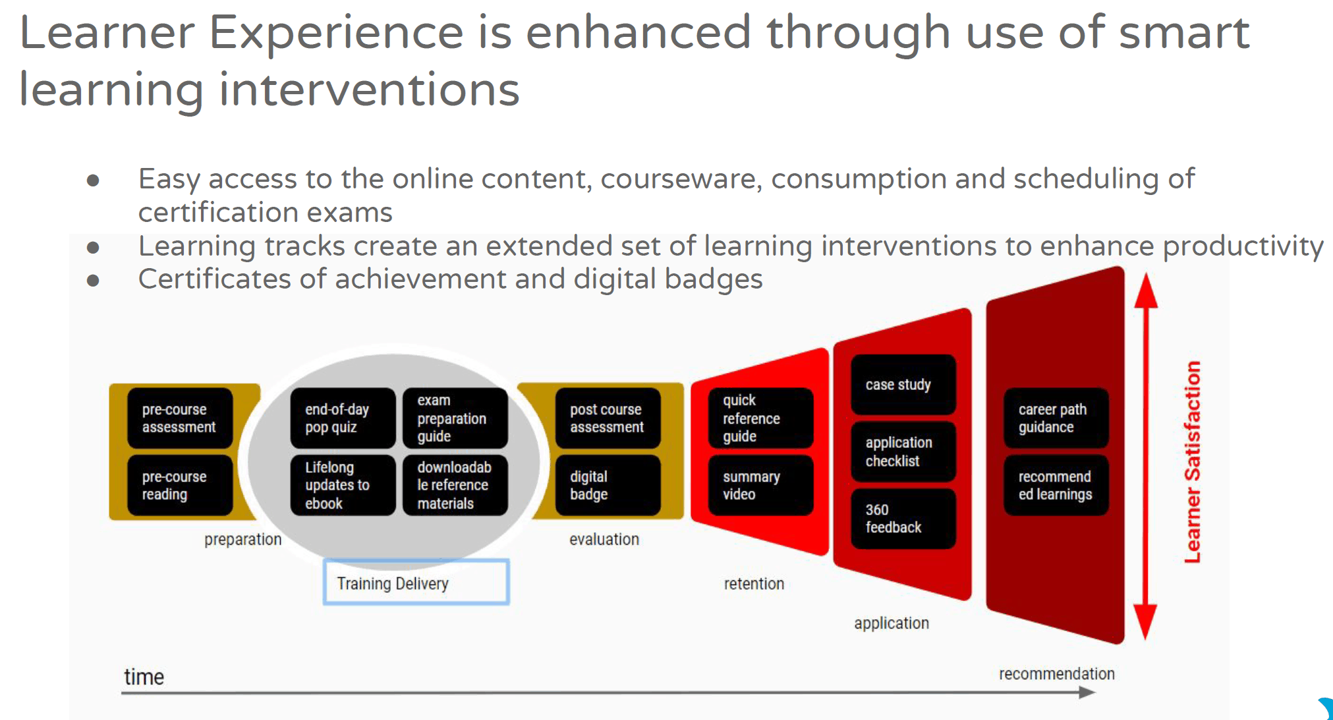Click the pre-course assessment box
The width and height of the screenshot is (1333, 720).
pyautogui.click(x=180, y=418)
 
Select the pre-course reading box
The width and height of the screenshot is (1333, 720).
pyautogui.click(x=180, y=485)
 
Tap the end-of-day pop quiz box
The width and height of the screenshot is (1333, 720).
pyautogui.click(x=343, y=418)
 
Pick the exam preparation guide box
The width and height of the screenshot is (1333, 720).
pyautogui.click(x=455, y=418)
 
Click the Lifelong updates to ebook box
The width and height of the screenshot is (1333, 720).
pyautogui.click(x=343, y=485)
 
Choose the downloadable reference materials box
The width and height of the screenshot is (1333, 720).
pyautogui.click(x=455, y=485)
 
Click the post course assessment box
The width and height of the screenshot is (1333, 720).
pyautogui.click(x=608, y=418)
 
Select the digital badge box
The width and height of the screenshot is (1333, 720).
pyautogui.click(x=608, y=485)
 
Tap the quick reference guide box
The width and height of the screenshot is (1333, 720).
pyautogui.click(x=760, y=418)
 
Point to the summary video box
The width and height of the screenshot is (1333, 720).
pyautogui.click(x=760, y=485)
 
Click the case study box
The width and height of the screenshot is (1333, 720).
pyautogui.click(x=903, y=385)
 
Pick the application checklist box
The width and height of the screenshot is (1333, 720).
pyautogui.click(x=903, y=452)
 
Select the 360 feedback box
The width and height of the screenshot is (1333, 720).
pyautogui.click(x=903, y=519)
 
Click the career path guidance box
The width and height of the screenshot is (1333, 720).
pyautogui.click(x=1056, y=418)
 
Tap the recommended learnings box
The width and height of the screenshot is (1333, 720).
pyautogui.click(x=1056, y=485)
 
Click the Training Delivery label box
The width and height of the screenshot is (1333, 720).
pyautogui.click(x=416, y=582)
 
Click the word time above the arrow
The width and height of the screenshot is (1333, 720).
pyautogui.click(x=144, y=677)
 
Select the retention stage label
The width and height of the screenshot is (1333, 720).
pyautogui.click(x=754, y=584)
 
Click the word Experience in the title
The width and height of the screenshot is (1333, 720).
pyautogui.click(x=336, y=33)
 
